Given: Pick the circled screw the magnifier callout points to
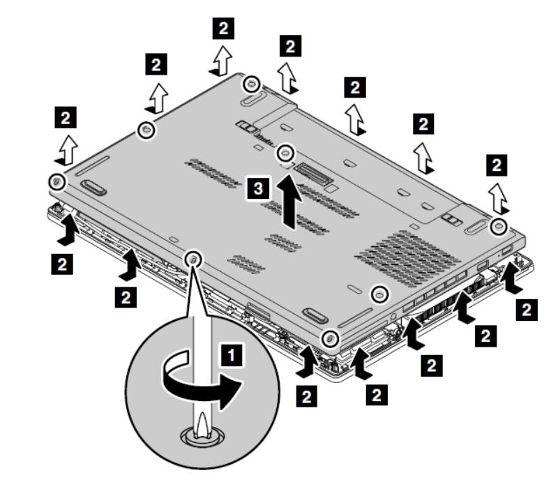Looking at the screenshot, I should [x=193, y=259].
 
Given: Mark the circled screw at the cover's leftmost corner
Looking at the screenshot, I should [x=56, y=181].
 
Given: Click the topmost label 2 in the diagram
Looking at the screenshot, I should [x=223, y=28].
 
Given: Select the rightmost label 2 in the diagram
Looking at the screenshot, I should [x=528, y=309].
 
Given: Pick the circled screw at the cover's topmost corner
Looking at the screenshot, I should [x=249, y=84].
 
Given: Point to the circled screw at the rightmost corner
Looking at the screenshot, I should [x=498, y=226].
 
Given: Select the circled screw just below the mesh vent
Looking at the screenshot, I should [x=379, y=295].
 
